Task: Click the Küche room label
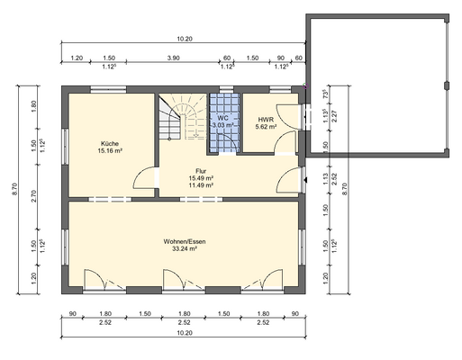[x=110, y=143]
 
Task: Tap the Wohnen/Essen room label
[x=185, y=241]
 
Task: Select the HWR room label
[x=266, y=120]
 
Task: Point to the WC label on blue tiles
[x=223, y=118]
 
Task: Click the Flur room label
[x=201, y=171]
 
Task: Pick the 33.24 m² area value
[x=185, y=248]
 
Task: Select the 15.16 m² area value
[x=110, y=150]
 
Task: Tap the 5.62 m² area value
[x=266, y=127]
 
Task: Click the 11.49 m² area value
[x=201, y=185]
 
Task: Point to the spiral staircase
[x=183, y=116]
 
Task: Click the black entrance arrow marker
[x=305, y=180]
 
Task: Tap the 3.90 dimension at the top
[x=173, y=58]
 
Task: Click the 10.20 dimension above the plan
[x=185, y=39]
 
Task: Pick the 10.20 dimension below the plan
[x=185, y=333]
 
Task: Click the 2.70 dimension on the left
[x=33, y=196]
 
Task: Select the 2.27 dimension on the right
[x=334, y=116]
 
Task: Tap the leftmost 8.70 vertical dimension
[x=15, y=189]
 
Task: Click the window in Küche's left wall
[x=65, y=147]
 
